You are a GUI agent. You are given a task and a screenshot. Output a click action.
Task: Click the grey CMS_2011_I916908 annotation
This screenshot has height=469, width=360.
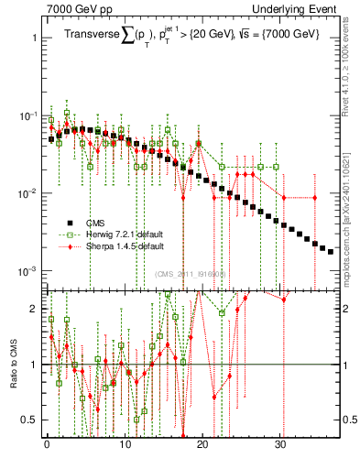(x=191, y=274)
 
